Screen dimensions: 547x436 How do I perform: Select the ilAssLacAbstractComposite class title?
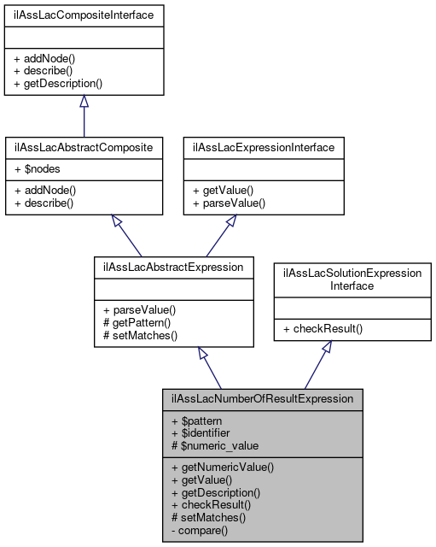click(84, 147)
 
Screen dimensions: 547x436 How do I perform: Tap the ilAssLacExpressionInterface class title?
click(265, 147)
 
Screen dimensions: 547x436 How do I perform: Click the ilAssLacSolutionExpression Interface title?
click(352, 279)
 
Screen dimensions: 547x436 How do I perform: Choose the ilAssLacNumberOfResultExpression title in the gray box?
click(263, 398)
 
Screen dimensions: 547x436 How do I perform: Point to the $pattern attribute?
click(201, 421)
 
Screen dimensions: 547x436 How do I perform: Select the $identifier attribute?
click(204, 432)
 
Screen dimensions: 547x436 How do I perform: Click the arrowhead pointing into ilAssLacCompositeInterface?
click(84, 101)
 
